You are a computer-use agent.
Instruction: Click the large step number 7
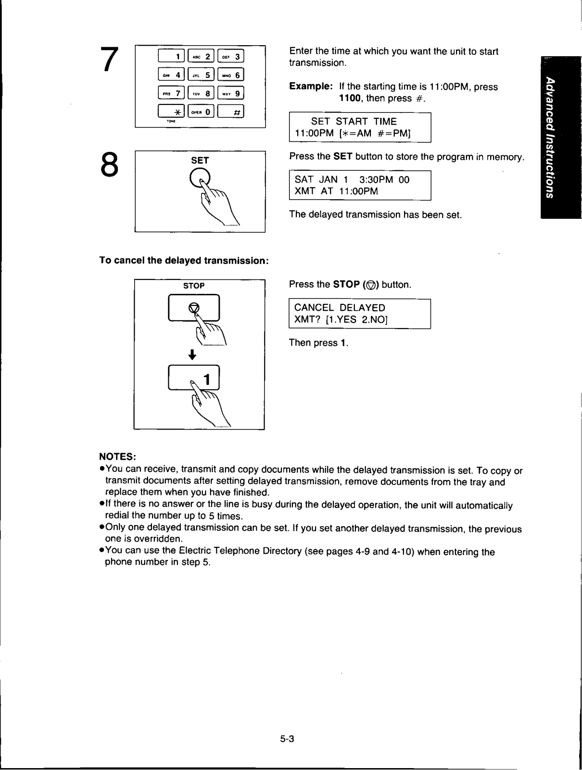click(x=109, y=59)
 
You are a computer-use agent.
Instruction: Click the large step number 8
click(x=109, y=164)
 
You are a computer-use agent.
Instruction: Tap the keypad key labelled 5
click(x=201, y=75)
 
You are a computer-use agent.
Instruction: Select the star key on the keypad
click(x=171, y=112)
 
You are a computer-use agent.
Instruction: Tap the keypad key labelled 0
click(x=201, y=112)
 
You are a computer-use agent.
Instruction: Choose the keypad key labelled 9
click(x=230, y=93)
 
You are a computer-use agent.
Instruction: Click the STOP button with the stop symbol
click(x=194, y=308)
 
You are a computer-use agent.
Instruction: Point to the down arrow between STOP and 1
click(x=192, y=354)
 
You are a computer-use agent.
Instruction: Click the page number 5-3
click(x=287, y=739)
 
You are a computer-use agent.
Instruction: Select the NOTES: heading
click(x=117, y=457)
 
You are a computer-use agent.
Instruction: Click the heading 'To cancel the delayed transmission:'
click(x=184, y=261)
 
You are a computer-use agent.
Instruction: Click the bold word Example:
click(x=311, y=86)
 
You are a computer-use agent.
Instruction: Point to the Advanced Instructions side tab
click(x=561, y=138)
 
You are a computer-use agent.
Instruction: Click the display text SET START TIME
click(x=354, y=121)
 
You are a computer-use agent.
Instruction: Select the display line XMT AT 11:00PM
click(x=336, y=191)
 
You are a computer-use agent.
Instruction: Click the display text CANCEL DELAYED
click(x=340, y=308)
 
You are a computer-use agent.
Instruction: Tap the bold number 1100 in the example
click(x=350, y=98)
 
